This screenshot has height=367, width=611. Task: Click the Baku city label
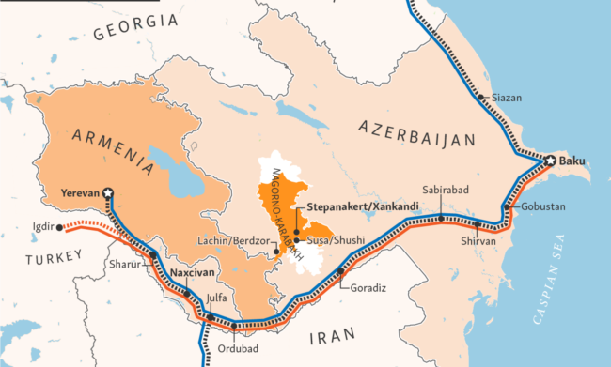coord(572,161)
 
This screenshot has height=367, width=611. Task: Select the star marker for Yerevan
coord(108,192)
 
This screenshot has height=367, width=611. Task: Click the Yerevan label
coord(81,192)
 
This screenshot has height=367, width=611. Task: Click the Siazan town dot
coord(481,97)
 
